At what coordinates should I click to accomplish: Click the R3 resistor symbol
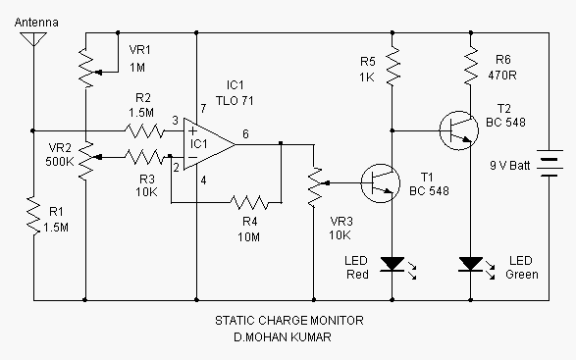point(145,155)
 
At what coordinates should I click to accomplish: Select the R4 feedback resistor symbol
point(249,203)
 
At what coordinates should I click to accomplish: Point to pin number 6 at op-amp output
point(244,133)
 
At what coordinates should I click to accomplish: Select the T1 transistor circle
point(380,181)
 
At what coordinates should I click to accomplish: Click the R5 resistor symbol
point(393,65)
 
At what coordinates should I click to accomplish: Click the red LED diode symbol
point(393,264)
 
